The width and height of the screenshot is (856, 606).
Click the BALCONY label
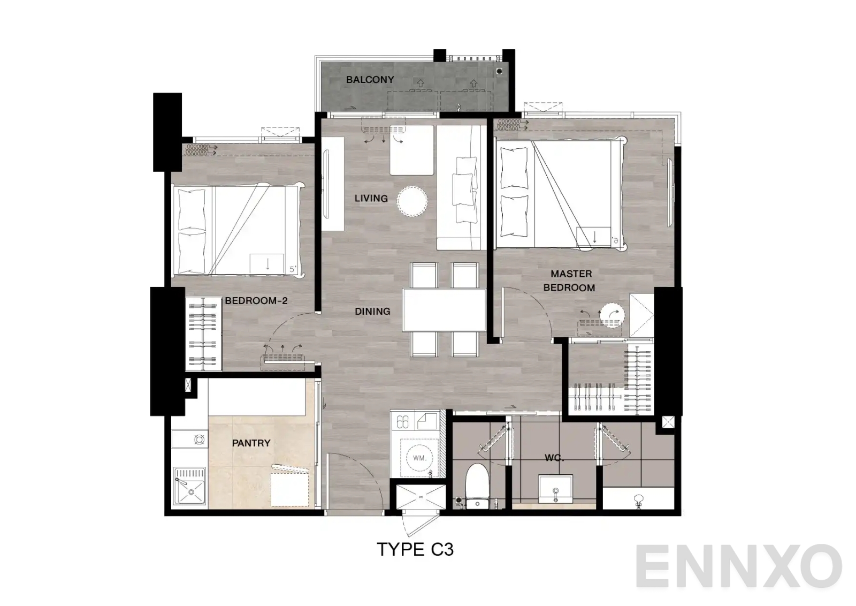[370, 80]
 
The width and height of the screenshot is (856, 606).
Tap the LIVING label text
[371, 199]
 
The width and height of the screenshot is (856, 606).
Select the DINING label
[372, 311]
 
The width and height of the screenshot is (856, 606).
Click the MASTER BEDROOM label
[570, 281]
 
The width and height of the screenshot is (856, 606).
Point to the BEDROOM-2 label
[256, 301]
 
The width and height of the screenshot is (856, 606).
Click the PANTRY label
[251, 443]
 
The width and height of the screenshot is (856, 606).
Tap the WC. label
[554, 458]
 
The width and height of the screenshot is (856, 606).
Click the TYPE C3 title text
[415, 550]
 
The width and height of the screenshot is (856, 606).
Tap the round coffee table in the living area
[412, 201]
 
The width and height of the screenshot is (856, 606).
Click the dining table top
[444, 310]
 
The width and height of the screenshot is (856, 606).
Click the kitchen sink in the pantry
[189, 488]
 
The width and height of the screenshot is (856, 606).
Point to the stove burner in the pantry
[199, 440]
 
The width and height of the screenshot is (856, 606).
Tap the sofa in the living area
[460, 187]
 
